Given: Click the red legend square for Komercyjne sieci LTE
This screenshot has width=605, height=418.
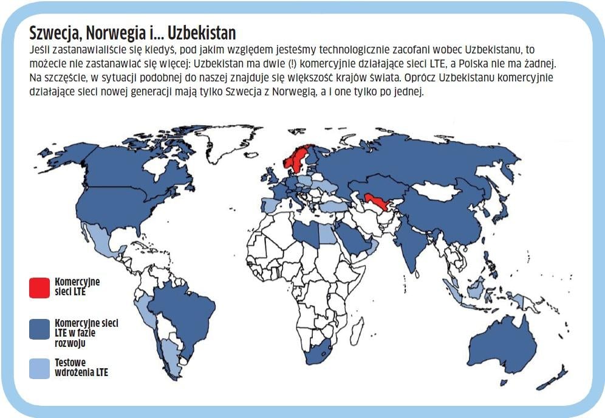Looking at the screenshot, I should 39,287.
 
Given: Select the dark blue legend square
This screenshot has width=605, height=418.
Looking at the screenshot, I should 39,328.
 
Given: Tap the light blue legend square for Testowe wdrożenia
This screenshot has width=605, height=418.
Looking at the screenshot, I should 39,368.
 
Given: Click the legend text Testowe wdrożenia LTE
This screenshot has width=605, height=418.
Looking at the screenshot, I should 81,367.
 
